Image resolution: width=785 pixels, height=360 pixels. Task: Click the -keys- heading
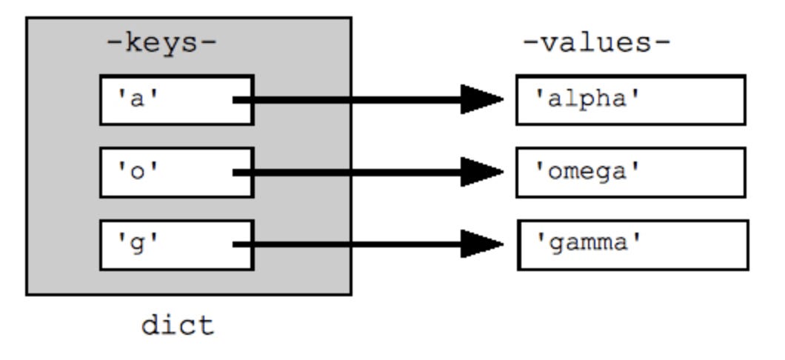(161, 43)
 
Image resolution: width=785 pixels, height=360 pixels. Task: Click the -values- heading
(596, 42)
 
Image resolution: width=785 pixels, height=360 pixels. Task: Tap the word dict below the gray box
(178, 325)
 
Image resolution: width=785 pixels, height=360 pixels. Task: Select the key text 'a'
(137, 99)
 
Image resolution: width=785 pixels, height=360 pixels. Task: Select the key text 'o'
(137, 172)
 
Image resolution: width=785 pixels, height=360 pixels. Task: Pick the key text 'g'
(137, 244)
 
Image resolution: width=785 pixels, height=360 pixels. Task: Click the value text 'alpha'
(588, 99)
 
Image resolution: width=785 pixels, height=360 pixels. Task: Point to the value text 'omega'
(588, 173)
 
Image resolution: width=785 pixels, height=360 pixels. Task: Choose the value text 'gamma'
(589, 244)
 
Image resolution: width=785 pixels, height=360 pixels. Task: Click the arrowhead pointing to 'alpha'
(481, 99)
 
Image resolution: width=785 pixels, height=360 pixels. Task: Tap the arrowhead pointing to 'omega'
(481, 172)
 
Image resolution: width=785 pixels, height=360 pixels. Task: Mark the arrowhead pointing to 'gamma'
(481, 244)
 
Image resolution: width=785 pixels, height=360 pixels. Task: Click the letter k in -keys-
(133, 42)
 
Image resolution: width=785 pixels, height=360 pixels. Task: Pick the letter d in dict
(150, 325)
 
